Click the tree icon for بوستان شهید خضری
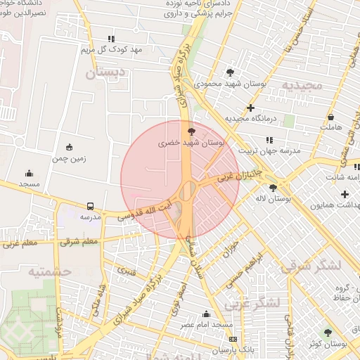[191, 131]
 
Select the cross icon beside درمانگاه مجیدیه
[250, 108]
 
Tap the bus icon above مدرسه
[90, 206]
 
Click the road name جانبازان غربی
[238, 175]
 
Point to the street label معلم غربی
[20, 245]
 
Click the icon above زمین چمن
[69, 147]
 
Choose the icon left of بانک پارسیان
[233, 339]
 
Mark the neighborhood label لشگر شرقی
[310, 266]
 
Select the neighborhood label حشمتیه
[53, 271]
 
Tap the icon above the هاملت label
[330, 117]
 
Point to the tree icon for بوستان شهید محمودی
[231, 72]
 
